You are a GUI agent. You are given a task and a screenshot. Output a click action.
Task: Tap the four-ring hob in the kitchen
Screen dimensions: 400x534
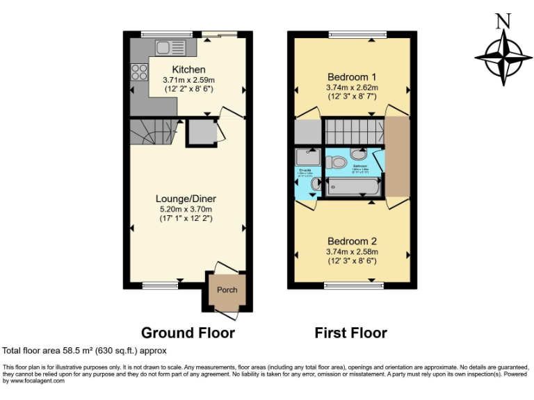click(x=138, y=71)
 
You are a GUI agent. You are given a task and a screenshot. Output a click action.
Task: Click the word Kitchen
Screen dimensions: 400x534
click(x=188, y=69)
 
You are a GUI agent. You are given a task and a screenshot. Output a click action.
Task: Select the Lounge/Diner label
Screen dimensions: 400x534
click(x=184, y=198)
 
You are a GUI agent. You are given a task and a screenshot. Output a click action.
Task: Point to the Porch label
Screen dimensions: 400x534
click(x=227, y=290)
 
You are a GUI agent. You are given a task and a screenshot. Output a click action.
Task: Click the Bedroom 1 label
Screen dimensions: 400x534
click(x=352, y=76)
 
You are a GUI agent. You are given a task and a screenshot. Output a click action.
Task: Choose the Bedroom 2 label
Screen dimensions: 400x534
click(x=352, y=241)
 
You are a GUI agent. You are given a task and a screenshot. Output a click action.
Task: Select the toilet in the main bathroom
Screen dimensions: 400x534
click(x=338, y=162)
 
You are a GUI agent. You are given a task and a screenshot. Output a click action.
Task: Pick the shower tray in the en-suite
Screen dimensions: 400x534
click(x=307, y=156)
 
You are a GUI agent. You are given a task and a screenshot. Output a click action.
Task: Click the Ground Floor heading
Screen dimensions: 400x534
click(x=188, y=333)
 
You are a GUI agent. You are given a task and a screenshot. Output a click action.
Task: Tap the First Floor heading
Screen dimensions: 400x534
click(x=350, y=333)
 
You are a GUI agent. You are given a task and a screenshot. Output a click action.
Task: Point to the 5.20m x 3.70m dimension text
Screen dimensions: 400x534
click(x=184, y=208)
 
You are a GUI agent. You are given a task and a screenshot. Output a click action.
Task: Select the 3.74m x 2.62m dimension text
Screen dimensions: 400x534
click(x=352, y=87)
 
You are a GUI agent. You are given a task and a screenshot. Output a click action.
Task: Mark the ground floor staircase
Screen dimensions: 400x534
click(x=150, y=131)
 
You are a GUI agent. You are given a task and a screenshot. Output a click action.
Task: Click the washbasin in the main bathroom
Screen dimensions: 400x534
click(x=359, y=154)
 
